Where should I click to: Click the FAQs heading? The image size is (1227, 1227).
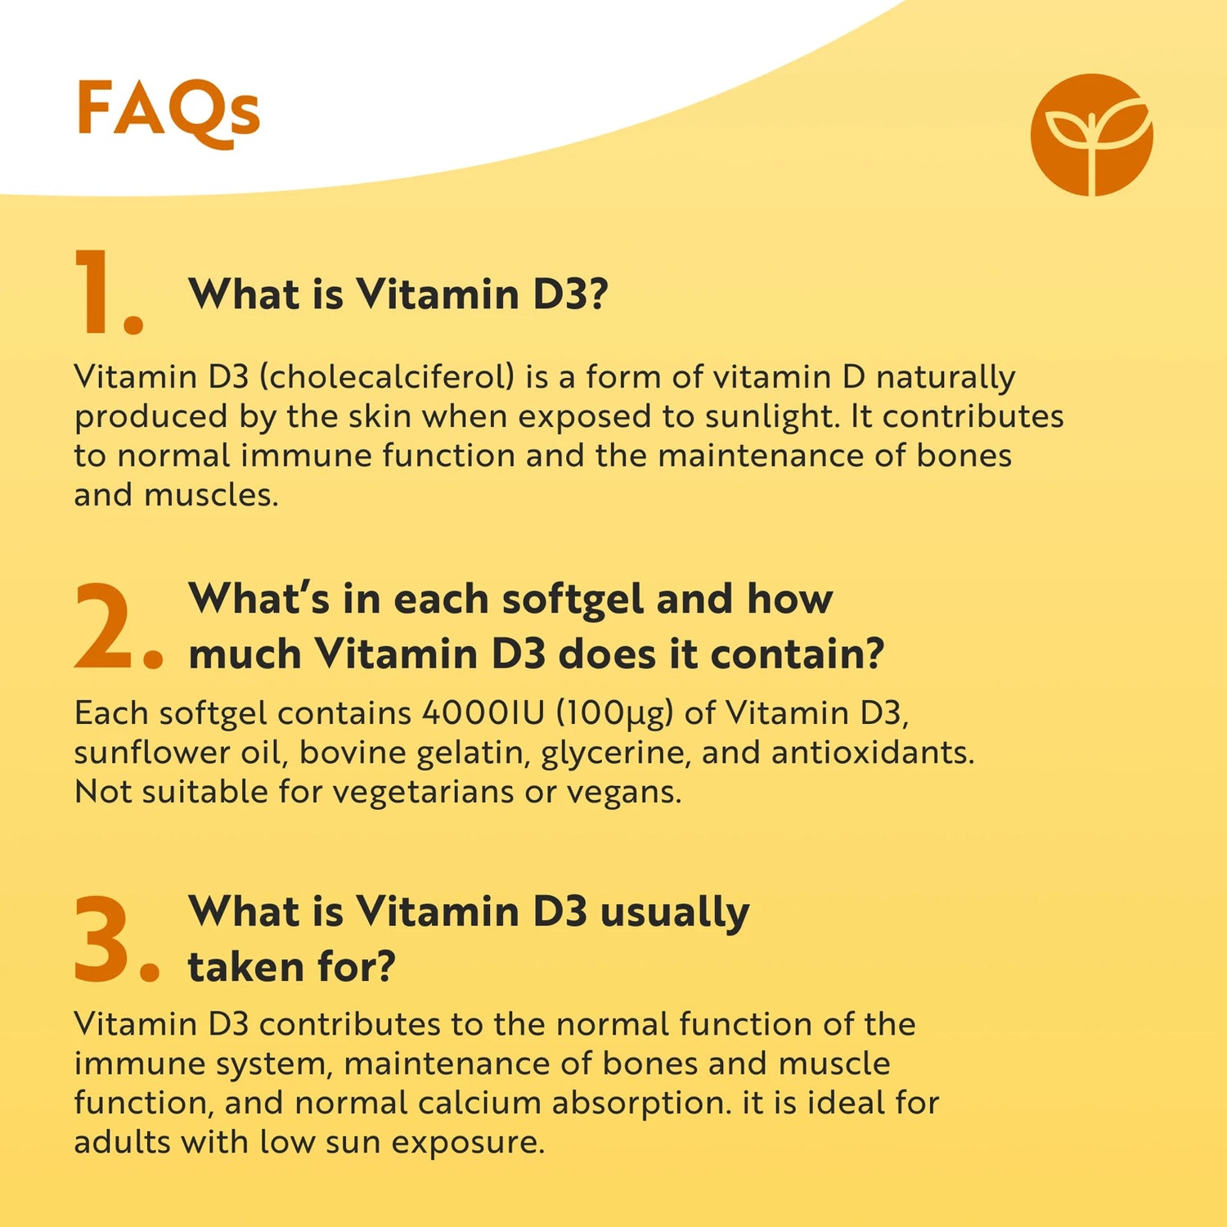(168, 110)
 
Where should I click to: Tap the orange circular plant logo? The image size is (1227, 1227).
(1091, 135)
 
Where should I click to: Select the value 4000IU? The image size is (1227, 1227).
(483, 713)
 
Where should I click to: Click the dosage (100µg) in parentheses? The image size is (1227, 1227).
(614, 713)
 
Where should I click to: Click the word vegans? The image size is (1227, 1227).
(623, 792)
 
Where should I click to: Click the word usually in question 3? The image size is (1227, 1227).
(674, 912)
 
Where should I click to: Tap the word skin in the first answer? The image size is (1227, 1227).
(380, 416)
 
